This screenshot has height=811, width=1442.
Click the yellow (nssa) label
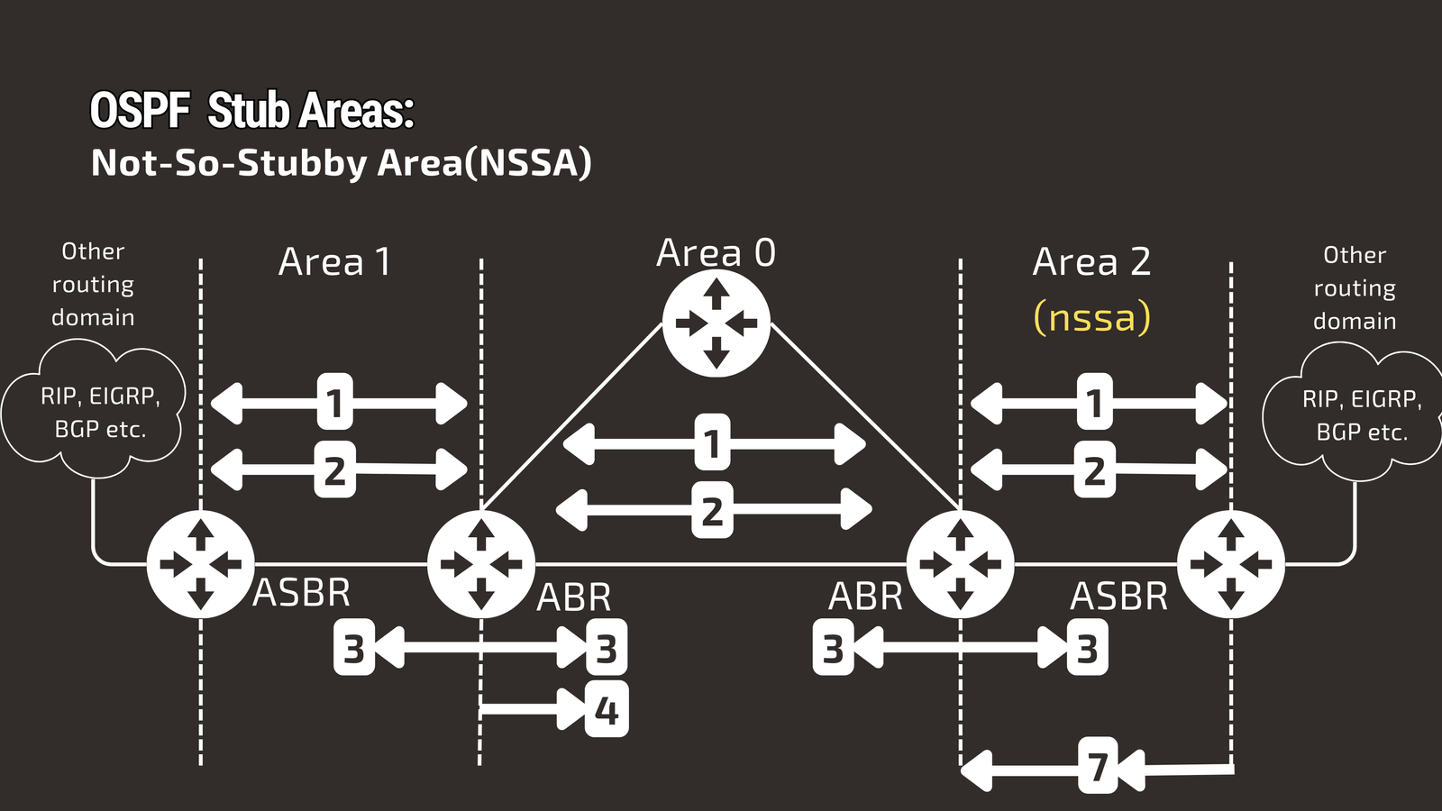[1091, 317]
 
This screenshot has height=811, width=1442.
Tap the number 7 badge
[1098, 766]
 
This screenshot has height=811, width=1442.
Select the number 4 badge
[607, 710]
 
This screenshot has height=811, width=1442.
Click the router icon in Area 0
[716, 323]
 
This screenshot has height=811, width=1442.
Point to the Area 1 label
[334, 262]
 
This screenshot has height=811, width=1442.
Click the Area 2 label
[1091, 262]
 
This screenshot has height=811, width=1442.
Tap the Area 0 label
[716, 253]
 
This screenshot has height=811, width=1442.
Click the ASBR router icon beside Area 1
[200, 564]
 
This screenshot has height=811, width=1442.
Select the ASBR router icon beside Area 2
[1230, 564]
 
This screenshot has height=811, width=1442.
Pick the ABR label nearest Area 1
[574, 597]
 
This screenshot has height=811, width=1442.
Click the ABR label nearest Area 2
[865, 597]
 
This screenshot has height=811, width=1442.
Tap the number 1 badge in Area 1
[334, 402]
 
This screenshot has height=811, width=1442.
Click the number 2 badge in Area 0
[712, 510]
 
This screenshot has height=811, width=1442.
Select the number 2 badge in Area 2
[1094, 469]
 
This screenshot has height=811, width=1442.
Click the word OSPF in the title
[140, 111]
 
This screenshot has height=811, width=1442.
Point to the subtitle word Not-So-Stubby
[230, 163]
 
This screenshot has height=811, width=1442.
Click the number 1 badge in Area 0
[712, 442]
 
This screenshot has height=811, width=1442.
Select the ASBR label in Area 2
[1118, 597]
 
